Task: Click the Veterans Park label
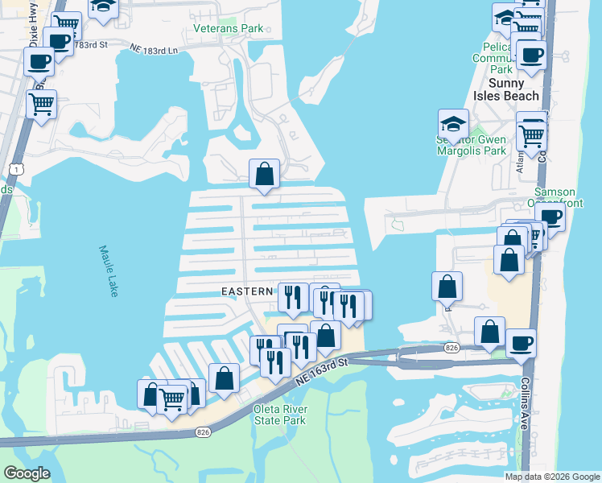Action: (229, 29)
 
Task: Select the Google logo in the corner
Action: (27, 473)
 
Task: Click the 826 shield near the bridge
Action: (452, 348)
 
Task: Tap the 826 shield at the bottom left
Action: (203, 432)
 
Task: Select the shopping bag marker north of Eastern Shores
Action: (264, 173)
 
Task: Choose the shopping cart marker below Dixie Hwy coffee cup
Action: (41, 103)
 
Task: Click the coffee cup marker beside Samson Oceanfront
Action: (551, 217)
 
